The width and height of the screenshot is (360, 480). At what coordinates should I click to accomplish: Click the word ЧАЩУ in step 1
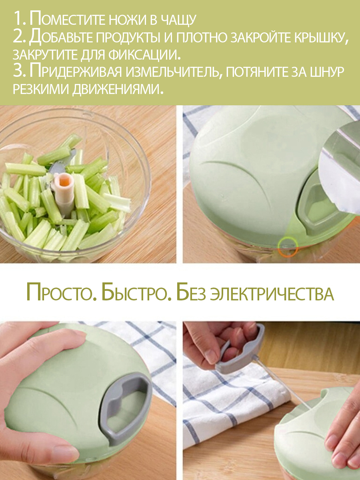point(178,20)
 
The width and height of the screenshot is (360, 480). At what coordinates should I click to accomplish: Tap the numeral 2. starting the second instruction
point(20,37)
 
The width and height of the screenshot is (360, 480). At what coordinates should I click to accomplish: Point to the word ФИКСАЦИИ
point(144,55)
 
